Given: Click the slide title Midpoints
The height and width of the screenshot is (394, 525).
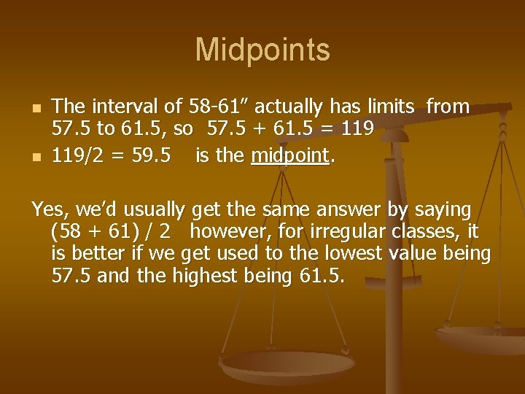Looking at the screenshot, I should (262, 50).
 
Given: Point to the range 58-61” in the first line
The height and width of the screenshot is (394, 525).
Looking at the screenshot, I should (219, 107).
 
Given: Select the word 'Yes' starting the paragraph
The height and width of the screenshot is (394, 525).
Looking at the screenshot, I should (47, 210).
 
